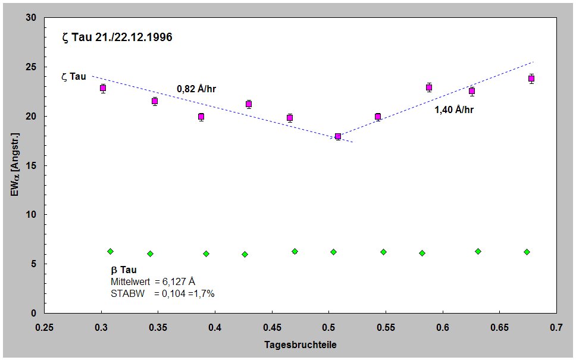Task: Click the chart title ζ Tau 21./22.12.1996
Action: tap(117, 37)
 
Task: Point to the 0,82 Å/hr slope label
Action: tap(196, 89)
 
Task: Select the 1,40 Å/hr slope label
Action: tap(453, 109)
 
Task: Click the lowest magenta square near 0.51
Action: tap(338, 136)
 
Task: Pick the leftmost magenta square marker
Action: tap(103, 88)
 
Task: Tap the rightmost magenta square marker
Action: tap(531, 78)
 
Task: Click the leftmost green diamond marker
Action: tap(110, 252)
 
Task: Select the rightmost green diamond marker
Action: tap(527, 252)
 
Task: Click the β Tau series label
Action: tap(124, 270)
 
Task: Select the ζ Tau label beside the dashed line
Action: tap(74, 76)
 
